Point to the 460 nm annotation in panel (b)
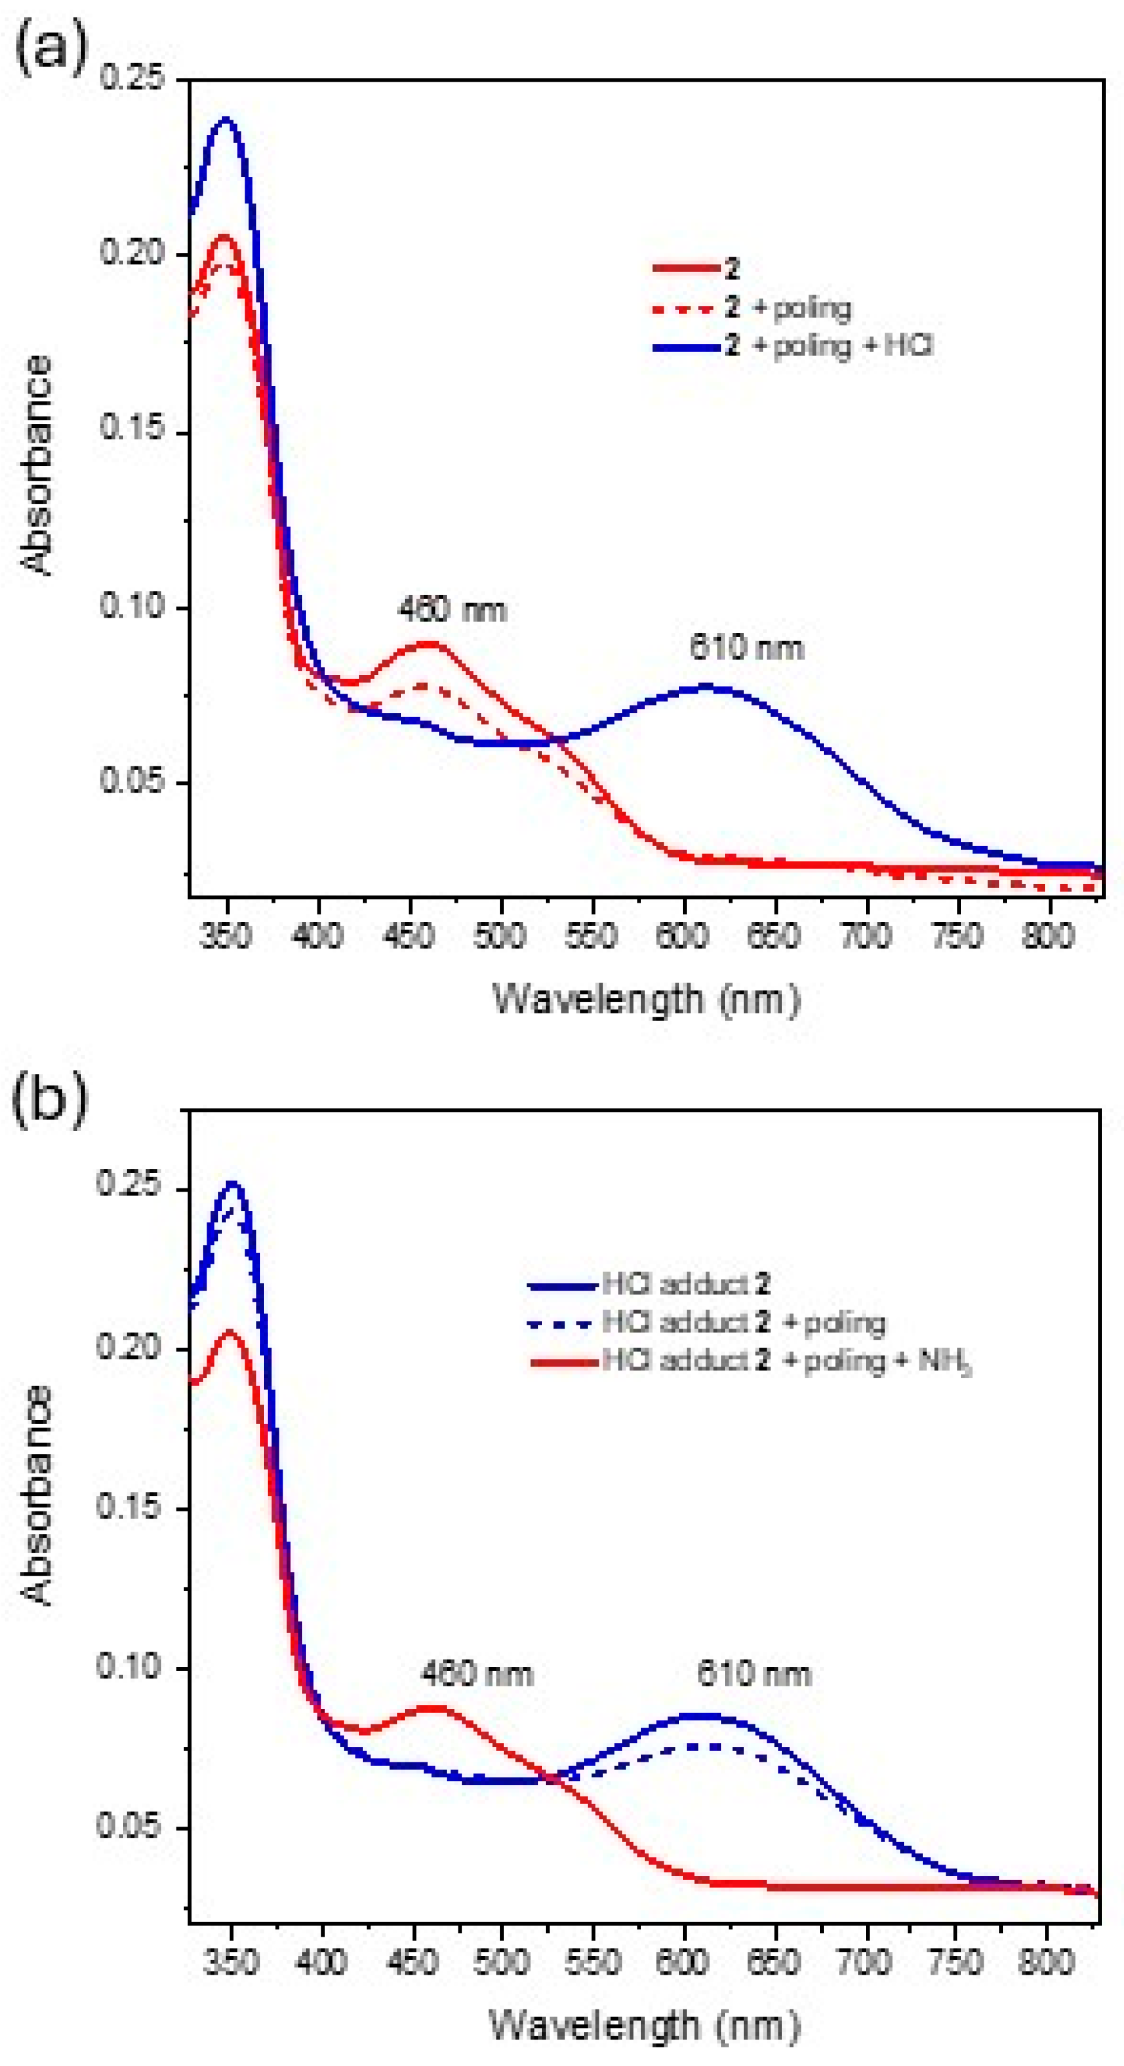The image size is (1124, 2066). pos(476,1674)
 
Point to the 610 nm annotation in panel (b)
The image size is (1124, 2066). pos(753,1674)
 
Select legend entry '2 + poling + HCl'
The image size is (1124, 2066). pos(830,346)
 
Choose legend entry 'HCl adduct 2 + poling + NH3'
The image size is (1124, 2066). pos(786,1361)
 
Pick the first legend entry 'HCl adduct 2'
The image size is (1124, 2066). pos(686,1284)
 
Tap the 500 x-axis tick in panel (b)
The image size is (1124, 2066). pos(501,1962)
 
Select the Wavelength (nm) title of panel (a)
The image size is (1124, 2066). pos(646,1000)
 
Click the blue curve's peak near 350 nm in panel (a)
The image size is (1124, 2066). pos(225,120)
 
